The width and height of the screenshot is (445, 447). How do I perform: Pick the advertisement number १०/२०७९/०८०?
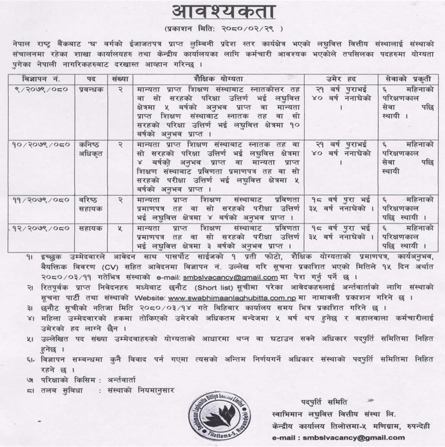coord(42,144)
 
